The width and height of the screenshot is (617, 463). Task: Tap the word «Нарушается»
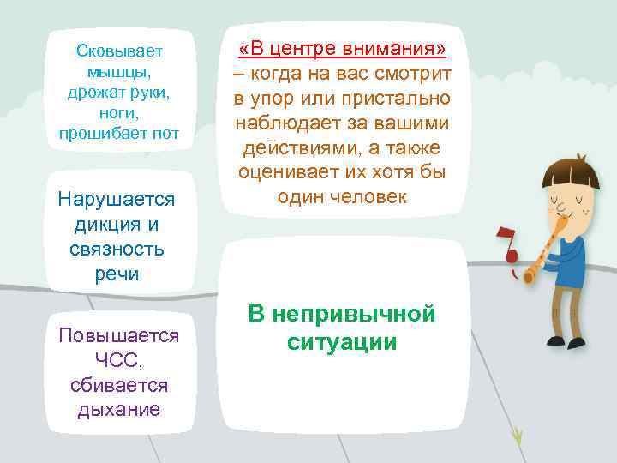pos(116,200)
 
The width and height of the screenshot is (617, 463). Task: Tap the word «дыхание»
pos(118,409)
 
